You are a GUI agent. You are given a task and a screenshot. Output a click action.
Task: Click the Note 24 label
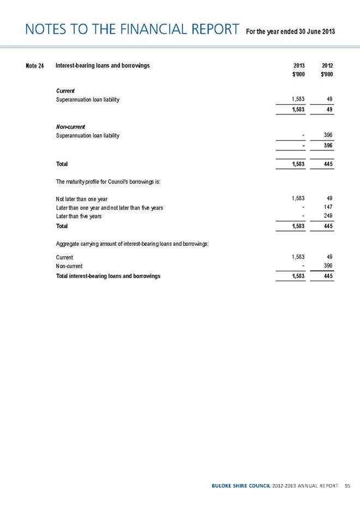point(34,66)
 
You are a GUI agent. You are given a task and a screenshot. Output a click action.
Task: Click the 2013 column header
point(298,65)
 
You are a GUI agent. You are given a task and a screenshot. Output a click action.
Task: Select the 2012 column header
point(327,65)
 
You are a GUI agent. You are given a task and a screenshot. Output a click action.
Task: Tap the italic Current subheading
point(65,90)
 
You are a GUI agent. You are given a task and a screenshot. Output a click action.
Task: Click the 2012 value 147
point(327,207)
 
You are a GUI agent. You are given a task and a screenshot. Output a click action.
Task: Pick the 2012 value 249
point(327,216)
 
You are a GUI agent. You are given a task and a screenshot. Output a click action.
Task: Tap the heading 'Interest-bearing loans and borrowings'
point(103,66)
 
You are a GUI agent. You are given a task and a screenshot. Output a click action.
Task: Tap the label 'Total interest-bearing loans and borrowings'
point(108,276)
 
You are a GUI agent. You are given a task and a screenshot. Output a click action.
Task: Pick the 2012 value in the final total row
point(327,276)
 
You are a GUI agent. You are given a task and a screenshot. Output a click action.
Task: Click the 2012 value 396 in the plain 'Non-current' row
point(327,265)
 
